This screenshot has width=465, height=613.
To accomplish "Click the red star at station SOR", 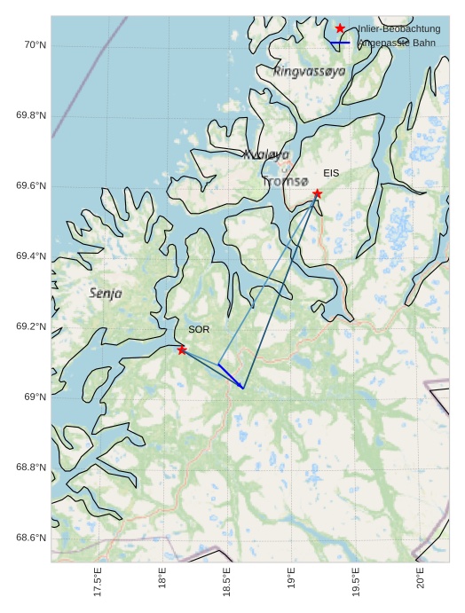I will tap(182, 350).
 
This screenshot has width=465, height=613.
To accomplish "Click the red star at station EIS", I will tap(317, 193).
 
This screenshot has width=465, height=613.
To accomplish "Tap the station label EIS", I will tap(331, 173).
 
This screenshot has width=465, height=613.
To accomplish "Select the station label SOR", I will tap(199, 329).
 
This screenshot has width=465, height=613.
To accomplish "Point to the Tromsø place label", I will tap(286, 182).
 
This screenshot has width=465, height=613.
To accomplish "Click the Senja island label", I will tap(106, 293).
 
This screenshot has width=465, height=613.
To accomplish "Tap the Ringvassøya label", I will tap(310, 70).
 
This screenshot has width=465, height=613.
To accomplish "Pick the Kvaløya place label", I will tap(266, 153).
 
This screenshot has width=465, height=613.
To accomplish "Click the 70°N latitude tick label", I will tap(33, 45).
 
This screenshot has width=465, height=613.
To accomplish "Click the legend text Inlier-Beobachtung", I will tap(398, 29).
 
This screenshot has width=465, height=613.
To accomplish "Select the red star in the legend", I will tap(340, 28).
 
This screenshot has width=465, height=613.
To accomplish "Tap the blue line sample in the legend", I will tap(340, 43).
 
